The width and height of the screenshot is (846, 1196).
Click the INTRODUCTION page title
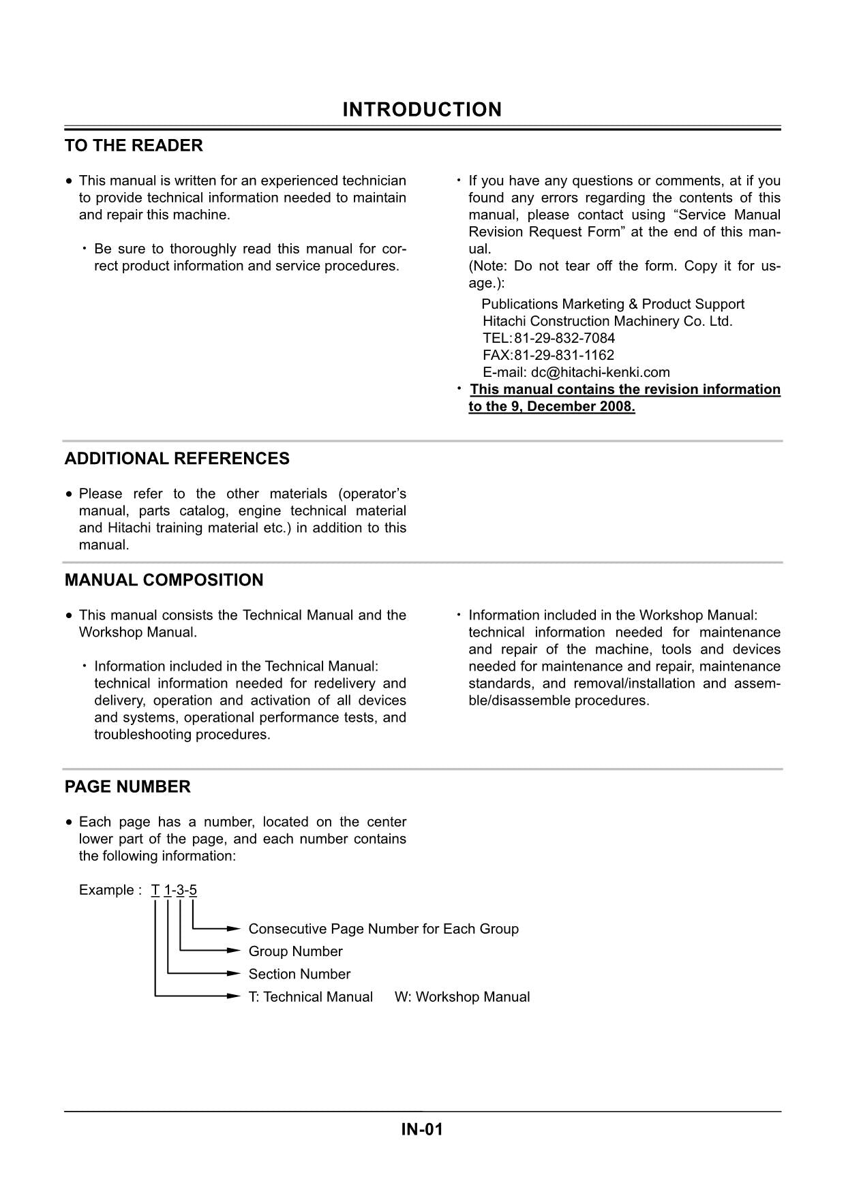click(422, 110)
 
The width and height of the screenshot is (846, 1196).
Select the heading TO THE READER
click(134, 146)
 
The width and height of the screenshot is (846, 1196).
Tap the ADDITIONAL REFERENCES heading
click(177, 459)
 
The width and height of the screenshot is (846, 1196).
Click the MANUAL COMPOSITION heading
click(164, 580)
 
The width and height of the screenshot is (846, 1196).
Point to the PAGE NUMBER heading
click(127, 786)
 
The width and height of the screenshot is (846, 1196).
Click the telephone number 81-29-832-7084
click(564, 338)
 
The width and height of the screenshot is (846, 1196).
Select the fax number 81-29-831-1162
click(564, 355)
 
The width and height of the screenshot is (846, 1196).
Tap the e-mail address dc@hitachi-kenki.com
click(600, 372)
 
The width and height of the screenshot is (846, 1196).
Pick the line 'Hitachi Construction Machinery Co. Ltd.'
click(607, 321)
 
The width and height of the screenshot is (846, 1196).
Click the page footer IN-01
click(422, 1130)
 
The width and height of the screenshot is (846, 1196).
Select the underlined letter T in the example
click(155, 890)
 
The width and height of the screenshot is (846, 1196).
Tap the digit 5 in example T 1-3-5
click(193, 890)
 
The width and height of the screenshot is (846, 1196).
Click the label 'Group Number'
click(295, 951)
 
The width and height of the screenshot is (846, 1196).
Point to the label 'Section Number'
click(299, 974)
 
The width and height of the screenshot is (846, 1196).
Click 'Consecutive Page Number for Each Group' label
click(383, 929)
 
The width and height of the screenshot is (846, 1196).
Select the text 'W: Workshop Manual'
click(462, 997)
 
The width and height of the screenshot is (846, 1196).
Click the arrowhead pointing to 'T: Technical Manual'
click(234, 996)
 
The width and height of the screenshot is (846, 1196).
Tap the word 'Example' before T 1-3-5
click(106, 890)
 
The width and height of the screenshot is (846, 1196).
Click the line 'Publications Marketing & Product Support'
click(613, 304)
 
